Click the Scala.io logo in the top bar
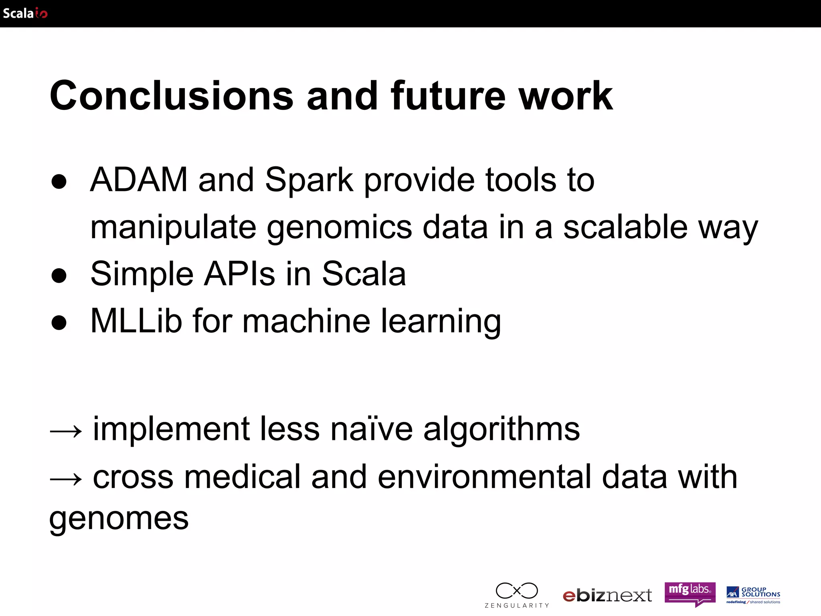[25, 13]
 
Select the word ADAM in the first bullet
[139, 180]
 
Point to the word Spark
[309, 180]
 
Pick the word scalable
[625, 227]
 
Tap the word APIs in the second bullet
[239, 274]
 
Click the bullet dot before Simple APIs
[59, 276]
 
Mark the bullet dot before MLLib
[59, 322]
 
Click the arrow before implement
[66, 432]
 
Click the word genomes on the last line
[119, 518]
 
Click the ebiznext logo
[607, 596]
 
